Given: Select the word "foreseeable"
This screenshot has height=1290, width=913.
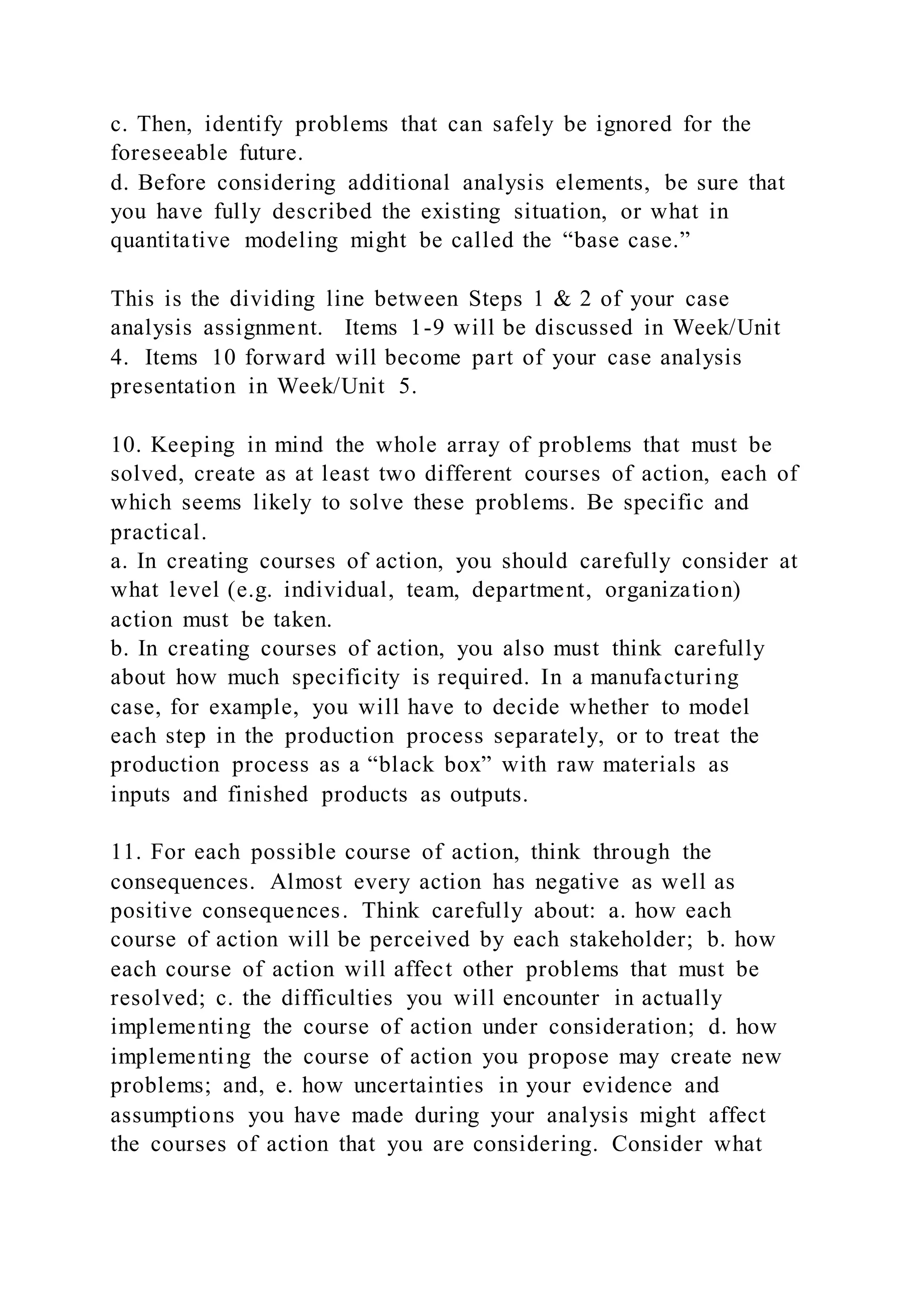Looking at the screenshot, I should [169, 153].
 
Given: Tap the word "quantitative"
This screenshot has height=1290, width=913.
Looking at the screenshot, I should [170, 241].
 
